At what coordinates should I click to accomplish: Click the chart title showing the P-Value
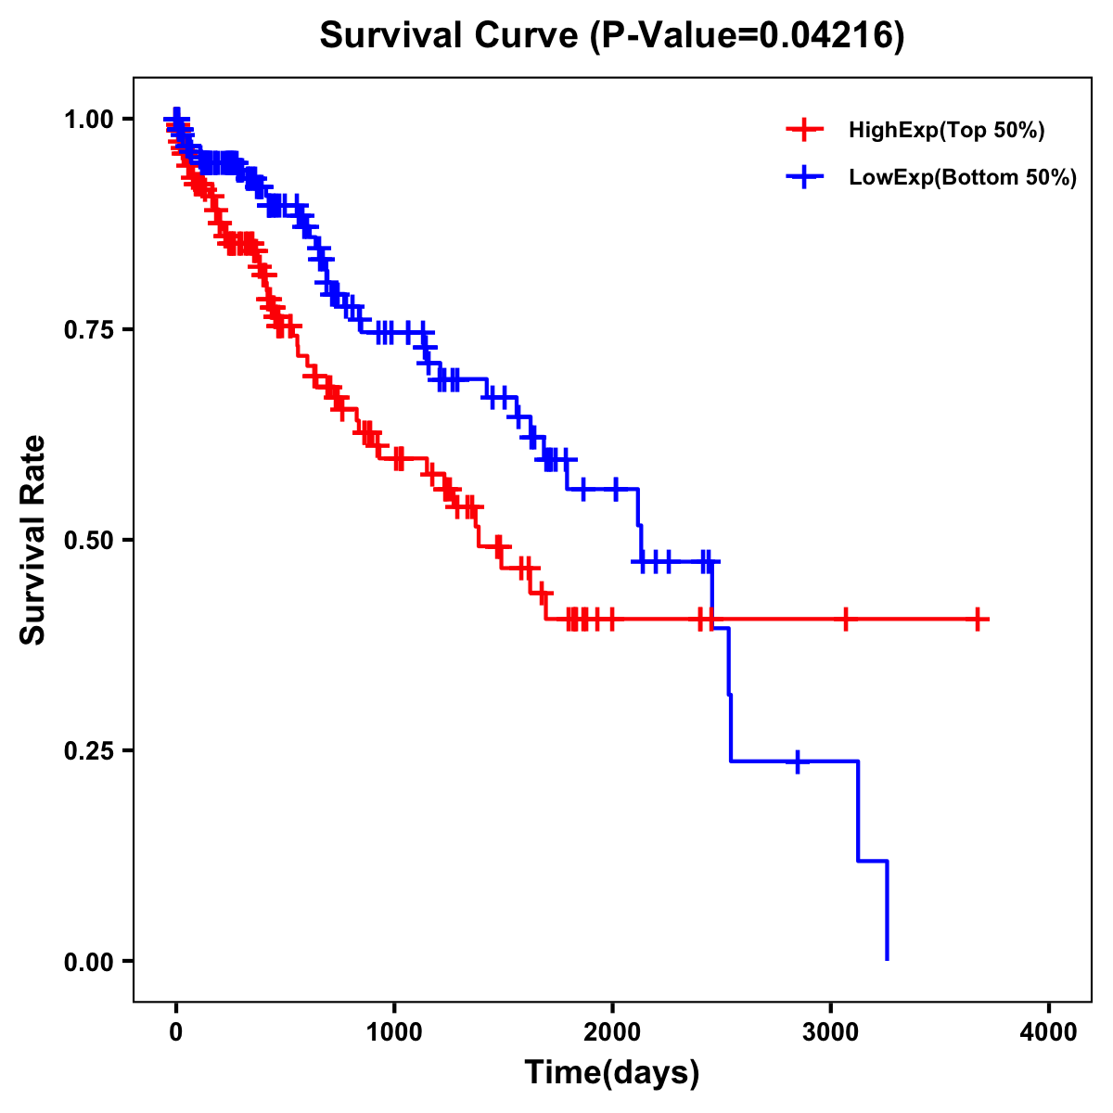click(611, 35)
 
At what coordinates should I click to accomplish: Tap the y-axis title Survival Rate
click(33, 540)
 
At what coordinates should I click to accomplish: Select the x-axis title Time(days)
click(611, 1072)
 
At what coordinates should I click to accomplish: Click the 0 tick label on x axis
click(176, 1031)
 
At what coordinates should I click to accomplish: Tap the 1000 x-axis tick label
click(394, 1031)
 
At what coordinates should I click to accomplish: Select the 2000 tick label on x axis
click(612, 1031)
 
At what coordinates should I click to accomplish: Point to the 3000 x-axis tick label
click(831, 1031)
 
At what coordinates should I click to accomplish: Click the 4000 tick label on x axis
click(1049, 1031)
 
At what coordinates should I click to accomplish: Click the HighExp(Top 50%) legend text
click(946, 131)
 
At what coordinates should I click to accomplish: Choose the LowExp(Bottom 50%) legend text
click(963, 177)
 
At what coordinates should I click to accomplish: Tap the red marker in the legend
click(803, 131)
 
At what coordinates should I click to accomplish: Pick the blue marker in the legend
click(803, 177)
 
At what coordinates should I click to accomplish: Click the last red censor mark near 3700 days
click(978, 619)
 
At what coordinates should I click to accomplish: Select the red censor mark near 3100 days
click(846, 619)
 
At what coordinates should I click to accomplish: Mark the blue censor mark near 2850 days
click(798, 761)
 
